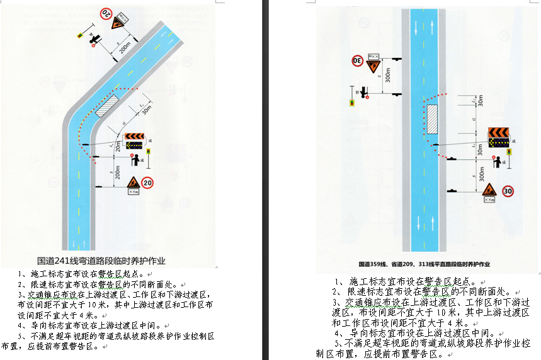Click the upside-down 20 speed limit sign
click(106, 12)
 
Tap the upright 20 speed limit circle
click(147, 183)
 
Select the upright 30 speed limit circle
click(508, 191)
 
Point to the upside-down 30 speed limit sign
click(357, 61)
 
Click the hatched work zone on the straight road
click(433, 119)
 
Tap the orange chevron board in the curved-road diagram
click(134, 136)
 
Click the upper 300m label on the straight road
click(388, 75)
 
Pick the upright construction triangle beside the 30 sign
click(489, 189)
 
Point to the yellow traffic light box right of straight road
click(509, 152)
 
